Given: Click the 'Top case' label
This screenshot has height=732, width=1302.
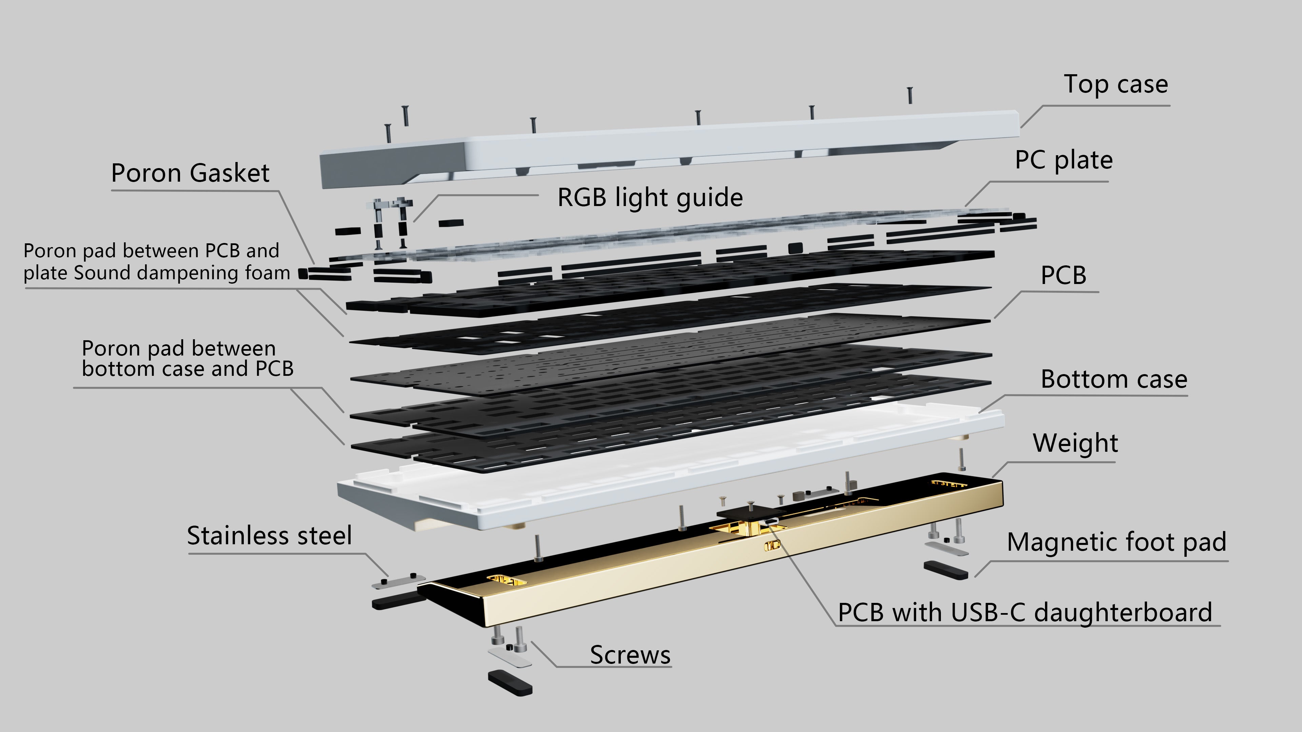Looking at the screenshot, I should pos(1116,84).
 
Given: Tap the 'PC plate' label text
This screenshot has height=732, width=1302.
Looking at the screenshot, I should pos(1063,161).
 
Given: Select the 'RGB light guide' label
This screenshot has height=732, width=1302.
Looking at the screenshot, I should pos(650,198).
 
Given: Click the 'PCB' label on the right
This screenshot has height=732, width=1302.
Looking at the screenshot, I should pos(1063,276).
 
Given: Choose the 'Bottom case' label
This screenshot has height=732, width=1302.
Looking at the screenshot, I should pos(1113,380).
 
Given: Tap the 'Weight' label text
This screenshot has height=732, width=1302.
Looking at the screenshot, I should pos(1075,444).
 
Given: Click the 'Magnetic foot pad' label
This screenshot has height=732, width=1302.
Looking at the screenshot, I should pos(1117,543).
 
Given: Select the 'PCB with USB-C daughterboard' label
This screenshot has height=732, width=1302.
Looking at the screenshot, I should pos(1025,613).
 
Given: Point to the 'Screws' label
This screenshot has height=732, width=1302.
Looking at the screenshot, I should pos(630,655).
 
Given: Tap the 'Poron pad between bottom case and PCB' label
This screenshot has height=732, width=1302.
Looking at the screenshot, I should pos(188,359).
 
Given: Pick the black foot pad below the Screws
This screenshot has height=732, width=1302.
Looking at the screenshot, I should pos(510,683).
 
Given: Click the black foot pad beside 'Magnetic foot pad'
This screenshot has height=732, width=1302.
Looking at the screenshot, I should pos(946,569).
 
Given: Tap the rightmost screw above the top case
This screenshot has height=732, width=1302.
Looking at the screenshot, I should pos(910,95).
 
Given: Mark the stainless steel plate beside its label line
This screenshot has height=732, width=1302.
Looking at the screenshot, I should pos(398,582).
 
